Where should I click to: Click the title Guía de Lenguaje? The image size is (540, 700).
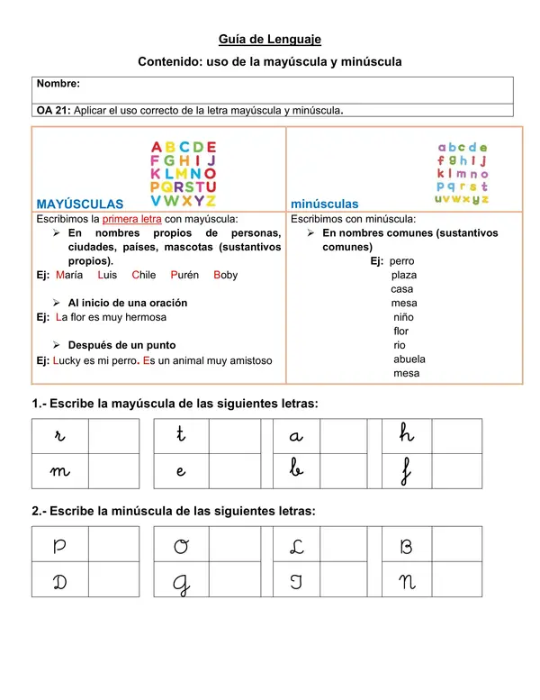(x=270, y=39)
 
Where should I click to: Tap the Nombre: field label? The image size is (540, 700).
(x=58, y=83)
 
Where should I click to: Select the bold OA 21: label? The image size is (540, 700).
(x=53, y=111)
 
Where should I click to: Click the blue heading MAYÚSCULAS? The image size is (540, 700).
(x=79, y=205)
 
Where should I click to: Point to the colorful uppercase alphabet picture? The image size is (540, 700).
(x=184, y=174)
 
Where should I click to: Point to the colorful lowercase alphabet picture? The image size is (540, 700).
(x=463, y=173)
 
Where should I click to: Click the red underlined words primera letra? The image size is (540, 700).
(x=132, y=219)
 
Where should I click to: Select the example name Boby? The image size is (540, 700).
(x=226, y=275)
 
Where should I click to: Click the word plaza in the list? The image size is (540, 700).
(x=404, y=275)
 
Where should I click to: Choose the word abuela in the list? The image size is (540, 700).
(x=409, y=359)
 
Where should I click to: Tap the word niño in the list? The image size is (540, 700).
(x=404, y=317)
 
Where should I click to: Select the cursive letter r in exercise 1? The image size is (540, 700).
(x=59, y=436)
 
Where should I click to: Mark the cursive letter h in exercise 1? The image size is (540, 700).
(x=407, y=435)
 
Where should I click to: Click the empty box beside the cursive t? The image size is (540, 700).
(x=234, y=436)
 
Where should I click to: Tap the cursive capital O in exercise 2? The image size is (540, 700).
(x=181, y=547)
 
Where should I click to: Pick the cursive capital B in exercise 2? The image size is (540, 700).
(x=405, y=547)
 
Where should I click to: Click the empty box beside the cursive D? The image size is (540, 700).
(x=113, y=581)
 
